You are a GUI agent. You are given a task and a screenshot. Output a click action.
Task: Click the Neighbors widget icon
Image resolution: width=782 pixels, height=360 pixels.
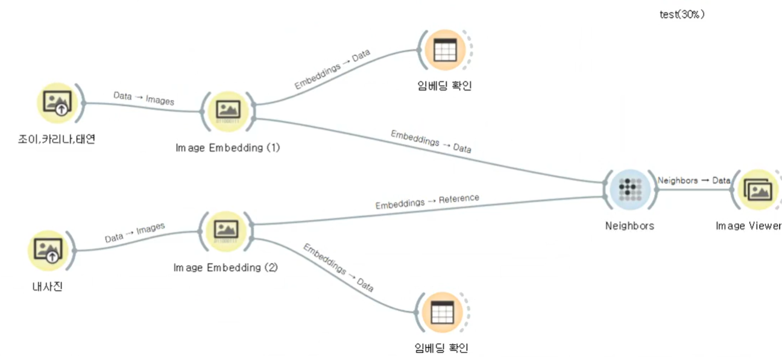(x=630, y=189)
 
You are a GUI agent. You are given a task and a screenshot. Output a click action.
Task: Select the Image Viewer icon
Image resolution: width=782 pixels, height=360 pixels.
(x=758, y=190)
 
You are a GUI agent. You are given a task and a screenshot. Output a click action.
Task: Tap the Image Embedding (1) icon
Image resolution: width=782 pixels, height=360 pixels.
(x=228, y=112)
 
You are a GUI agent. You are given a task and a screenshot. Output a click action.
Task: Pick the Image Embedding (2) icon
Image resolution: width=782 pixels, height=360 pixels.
(x=226, y=232)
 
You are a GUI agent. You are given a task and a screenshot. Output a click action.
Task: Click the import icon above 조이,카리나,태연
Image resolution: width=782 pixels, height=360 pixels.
(x=58, y=103)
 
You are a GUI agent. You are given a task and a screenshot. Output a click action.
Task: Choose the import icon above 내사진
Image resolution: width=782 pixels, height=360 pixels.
(x=48, y=251)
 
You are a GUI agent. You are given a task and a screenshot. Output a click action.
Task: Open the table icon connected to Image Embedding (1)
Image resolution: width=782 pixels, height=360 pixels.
(x=445, y=50)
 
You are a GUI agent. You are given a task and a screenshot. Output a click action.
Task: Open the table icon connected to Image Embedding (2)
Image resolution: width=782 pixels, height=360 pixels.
(x=443, y=312)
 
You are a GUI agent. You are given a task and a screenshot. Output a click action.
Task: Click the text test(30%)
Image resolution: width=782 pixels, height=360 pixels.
(x=682, y=14)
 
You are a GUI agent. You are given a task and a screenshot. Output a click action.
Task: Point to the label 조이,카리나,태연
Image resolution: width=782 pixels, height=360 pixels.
(x=57, y=139)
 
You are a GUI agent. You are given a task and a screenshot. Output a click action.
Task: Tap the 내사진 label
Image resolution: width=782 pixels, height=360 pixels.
(x=48, y=286)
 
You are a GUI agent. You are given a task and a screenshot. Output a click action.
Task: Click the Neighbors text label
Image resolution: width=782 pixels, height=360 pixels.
(x=630, y=226)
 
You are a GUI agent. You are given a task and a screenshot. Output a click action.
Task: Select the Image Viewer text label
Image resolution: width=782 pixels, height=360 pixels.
(x=748, y=226)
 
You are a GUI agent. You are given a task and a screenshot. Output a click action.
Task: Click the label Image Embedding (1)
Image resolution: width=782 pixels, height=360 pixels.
(x=228, y=148)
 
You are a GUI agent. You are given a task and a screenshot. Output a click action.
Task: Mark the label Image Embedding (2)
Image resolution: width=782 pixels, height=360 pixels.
(x=225, y=268)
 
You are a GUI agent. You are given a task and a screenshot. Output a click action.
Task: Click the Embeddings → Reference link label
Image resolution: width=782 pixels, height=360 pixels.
(x=427, y=201)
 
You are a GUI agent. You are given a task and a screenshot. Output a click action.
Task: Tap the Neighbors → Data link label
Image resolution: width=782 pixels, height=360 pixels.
(x=694, y=180)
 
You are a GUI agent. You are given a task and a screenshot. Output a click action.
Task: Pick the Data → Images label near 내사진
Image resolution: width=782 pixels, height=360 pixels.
(x=135, y=233)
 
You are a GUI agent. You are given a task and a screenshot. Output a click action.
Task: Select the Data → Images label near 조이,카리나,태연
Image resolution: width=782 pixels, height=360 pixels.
(x=144, y=98)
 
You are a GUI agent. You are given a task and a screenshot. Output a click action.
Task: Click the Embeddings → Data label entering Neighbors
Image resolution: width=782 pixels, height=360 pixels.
(x=431, y=142)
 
